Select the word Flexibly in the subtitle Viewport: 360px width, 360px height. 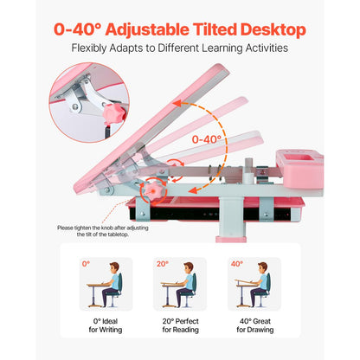click(93, 49)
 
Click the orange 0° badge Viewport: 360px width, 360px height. click(86, 263)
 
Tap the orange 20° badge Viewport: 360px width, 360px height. click(162, 263)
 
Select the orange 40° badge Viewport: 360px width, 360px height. click(237, 263)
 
